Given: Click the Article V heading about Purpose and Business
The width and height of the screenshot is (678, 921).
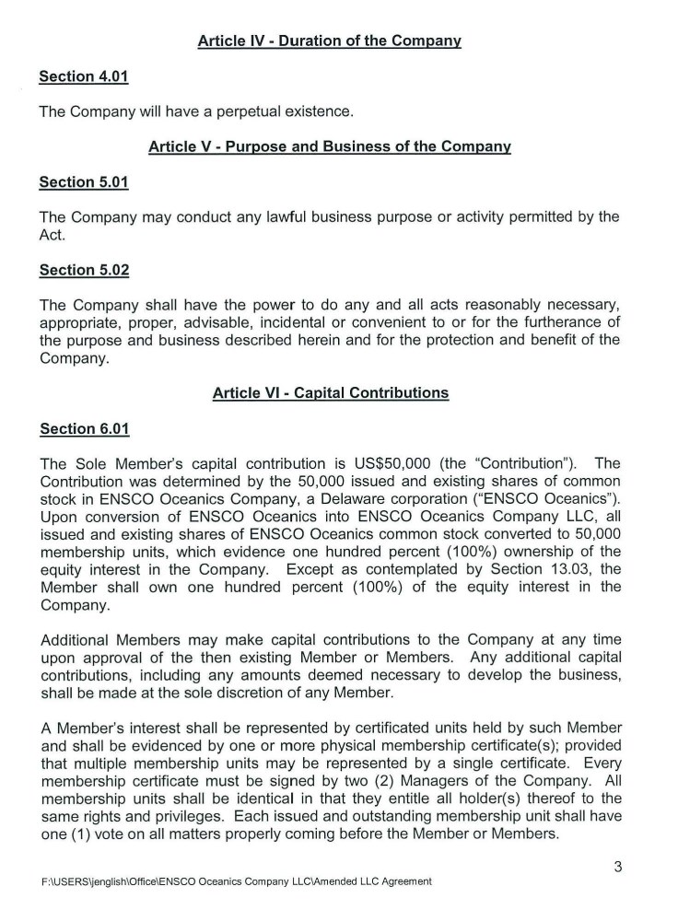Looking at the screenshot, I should coord(329,147).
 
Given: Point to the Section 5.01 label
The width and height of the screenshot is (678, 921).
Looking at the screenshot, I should coord(83,182).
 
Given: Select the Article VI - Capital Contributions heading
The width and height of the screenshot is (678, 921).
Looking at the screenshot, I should coord(331,392).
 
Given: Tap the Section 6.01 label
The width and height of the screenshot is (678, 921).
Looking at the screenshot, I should coord(83,428).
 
